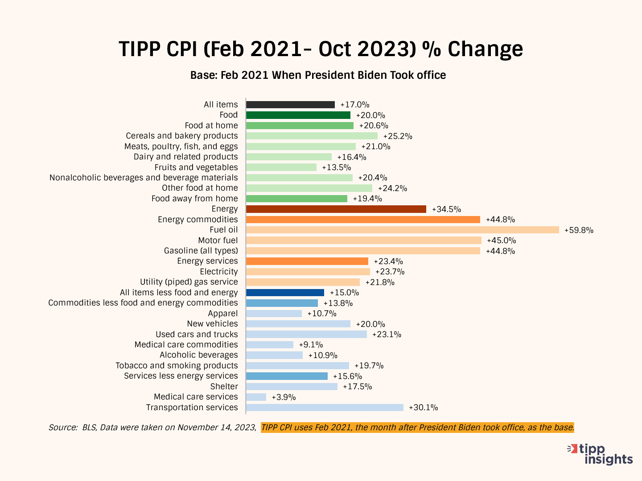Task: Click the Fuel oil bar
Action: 402,230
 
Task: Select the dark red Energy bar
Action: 336,209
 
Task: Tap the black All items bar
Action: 290,105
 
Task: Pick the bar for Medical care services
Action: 256,397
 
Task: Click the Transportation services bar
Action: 325,408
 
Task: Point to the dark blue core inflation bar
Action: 285,293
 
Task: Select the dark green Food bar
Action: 298,115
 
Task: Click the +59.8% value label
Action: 579,230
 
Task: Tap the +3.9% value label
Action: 284,397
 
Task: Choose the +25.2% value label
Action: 398,136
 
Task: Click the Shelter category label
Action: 224,387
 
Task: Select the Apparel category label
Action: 223,314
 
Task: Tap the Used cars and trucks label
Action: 197,334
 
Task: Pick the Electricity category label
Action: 219,272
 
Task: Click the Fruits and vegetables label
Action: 196,167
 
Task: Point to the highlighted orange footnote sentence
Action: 417,428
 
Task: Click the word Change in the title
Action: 485,49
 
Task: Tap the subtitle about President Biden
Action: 318,75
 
